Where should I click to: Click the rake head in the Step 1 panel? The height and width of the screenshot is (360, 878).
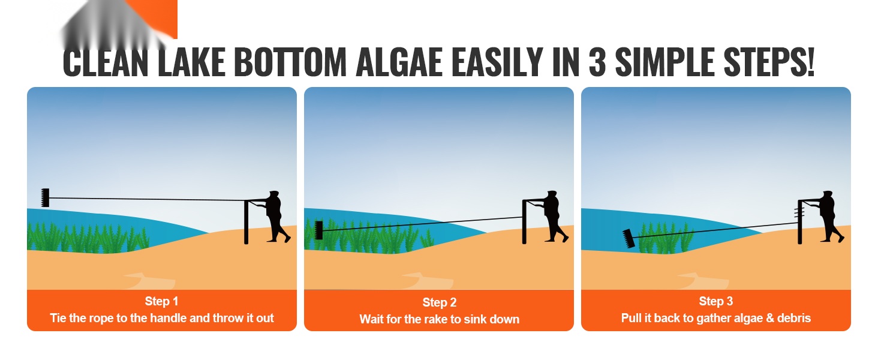(x=46, y=197)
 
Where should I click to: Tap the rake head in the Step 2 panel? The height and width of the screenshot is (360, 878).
(x=318, y=230)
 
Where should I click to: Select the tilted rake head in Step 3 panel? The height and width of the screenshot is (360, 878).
(x=629, y=238)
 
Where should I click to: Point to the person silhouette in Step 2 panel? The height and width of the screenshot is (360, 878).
(x=554, y=217)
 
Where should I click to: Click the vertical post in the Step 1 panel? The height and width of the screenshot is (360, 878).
(x=246, y=223)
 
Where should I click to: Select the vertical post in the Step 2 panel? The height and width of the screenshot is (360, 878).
(x=524, y=223)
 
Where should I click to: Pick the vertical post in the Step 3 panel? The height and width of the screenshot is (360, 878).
(x=800, y=223)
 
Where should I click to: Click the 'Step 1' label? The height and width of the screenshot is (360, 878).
(x=161, y=301)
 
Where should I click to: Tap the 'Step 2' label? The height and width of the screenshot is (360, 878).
(x=440, y=302)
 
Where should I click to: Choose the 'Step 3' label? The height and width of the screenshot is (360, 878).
(x=715, y=301)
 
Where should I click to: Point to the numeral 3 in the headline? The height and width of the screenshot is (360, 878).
(x=597, y=62)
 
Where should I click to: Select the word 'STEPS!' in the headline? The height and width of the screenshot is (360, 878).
(x=769, y=62)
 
